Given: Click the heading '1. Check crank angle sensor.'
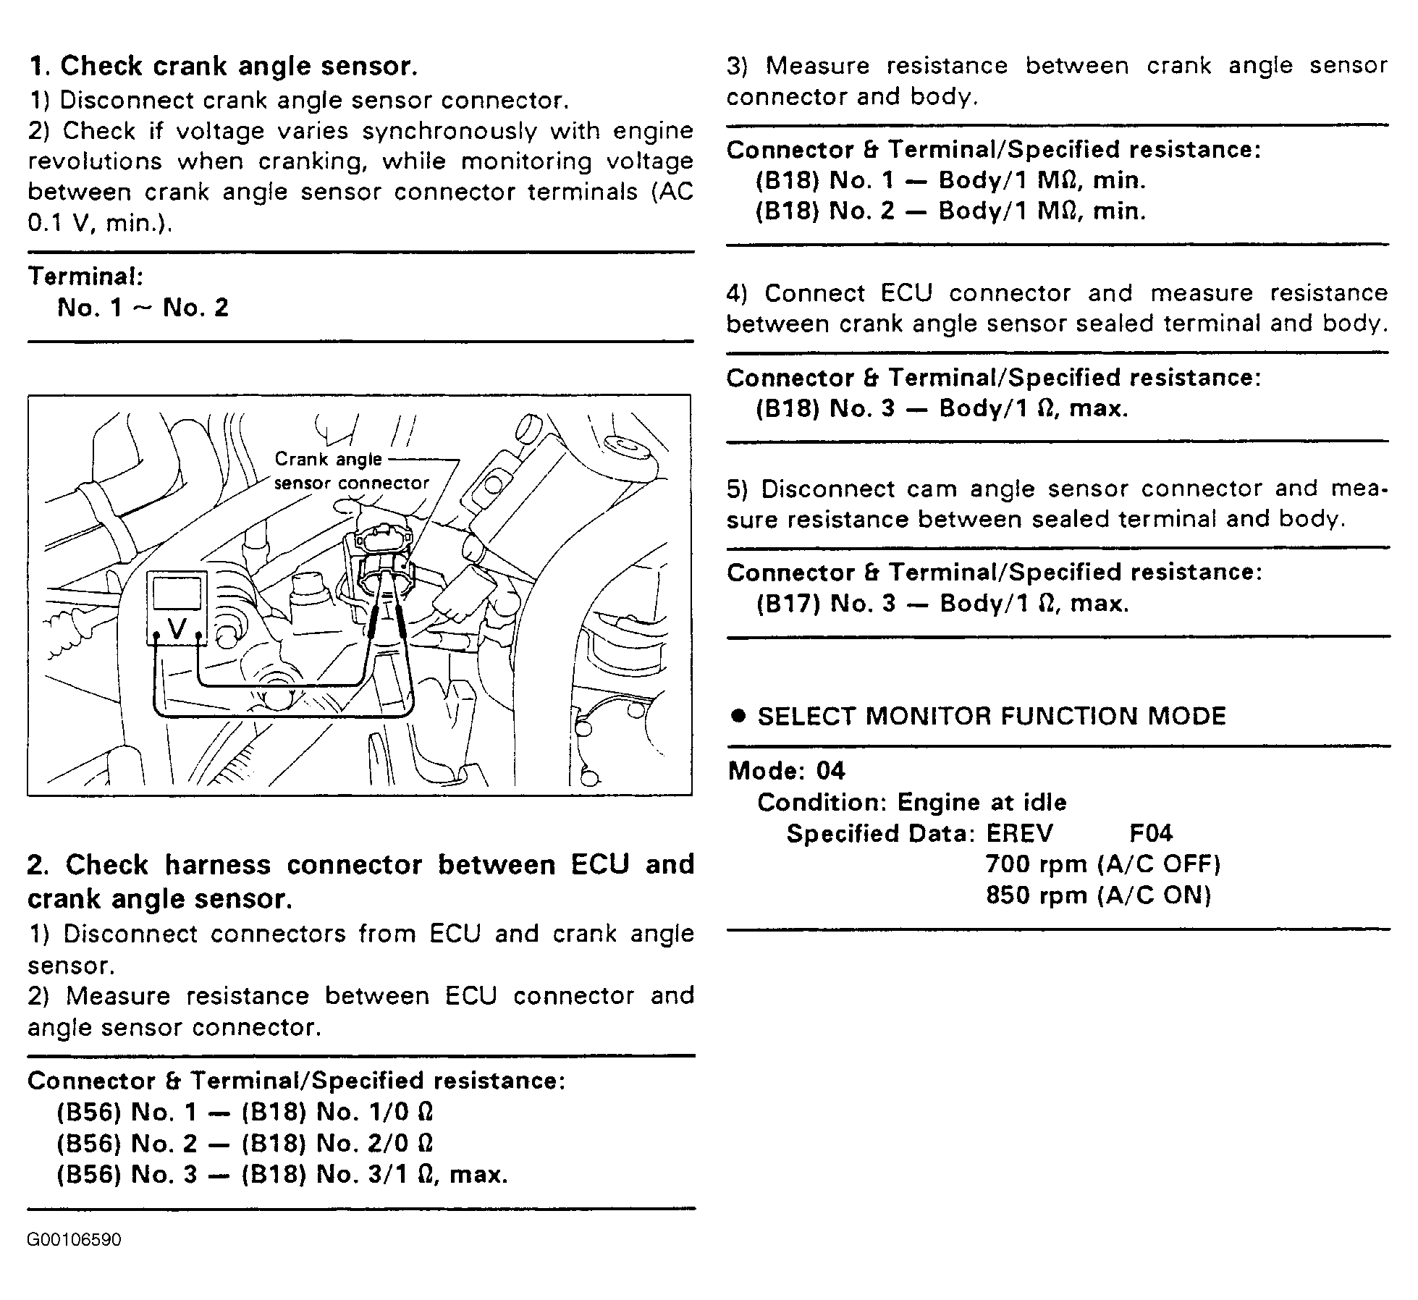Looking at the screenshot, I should coord(223,66).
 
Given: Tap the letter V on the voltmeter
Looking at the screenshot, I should coord(177,628).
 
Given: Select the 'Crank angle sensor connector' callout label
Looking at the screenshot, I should coord(350,471).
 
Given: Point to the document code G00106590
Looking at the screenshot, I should coord(74,1240).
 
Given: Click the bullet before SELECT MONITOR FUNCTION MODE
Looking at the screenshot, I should coord(738,716).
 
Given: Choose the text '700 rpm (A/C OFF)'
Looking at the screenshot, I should coord(1103,864).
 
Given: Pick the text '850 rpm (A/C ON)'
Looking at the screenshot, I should coord(1098,895).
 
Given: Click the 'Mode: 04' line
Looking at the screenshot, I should coord(786,771).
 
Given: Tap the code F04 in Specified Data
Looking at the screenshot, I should coord(1151,834).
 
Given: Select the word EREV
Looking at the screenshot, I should coord(1019,834).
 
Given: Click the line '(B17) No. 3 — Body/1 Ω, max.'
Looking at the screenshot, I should coord(942,604).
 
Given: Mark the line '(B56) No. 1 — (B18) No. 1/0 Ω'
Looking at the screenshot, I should coord(245,1112).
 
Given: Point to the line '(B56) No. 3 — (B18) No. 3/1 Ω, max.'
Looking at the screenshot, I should coord(282,1174).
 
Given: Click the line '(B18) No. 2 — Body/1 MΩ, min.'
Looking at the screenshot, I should coord(950,211).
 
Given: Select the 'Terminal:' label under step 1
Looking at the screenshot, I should coord(85,277).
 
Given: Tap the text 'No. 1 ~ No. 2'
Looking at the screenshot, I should coord(143,308).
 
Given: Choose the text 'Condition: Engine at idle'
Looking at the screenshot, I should coord(911,802).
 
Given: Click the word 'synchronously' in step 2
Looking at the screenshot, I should coord(450,131).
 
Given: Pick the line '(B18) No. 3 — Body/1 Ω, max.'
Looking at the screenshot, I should coord(942,409).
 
